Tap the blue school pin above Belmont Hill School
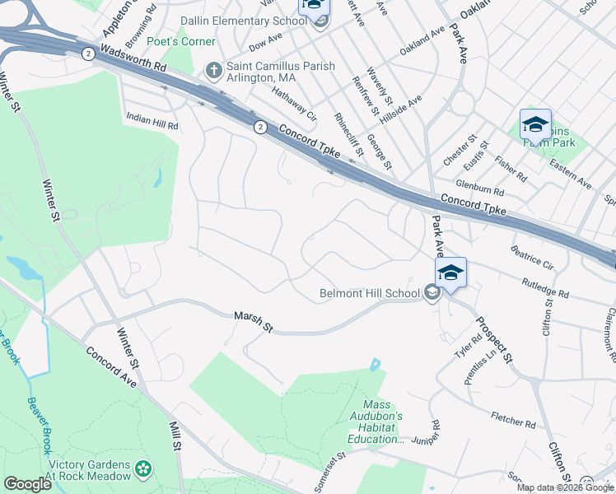(450, 273)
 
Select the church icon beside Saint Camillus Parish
(212, 71)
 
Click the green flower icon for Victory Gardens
(143, 469)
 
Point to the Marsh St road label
(253, 321)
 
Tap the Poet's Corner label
(181, 42)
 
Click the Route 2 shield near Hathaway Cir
(260, 127)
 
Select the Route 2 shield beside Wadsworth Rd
(88, 54)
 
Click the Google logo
(28, 483)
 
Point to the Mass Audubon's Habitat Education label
(382, 422)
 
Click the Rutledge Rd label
(545, 287)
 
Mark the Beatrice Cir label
(532, 255)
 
